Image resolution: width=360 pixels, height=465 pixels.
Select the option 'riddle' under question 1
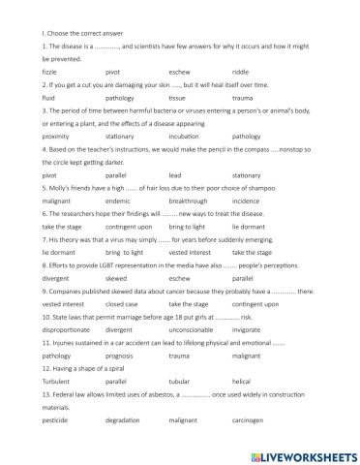240,72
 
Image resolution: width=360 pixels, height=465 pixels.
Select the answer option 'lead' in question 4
173,176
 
